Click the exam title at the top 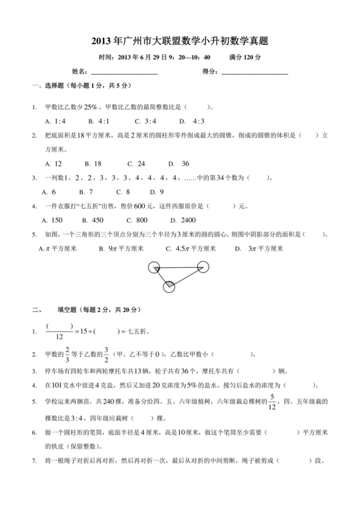(x=179, y=40)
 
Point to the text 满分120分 (x=245, y=57)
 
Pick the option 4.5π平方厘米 (x=191, y=248)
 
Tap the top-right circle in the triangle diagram (x=204, y=266)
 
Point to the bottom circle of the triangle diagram (x=169, y=287)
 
